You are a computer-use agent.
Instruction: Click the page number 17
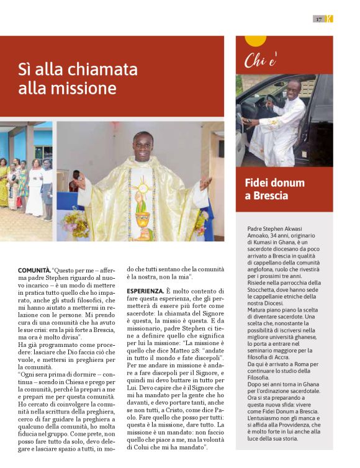(319, 19)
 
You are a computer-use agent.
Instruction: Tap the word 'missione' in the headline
(87, 88)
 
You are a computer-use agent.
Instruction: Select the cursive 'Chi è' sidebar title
(260, 60)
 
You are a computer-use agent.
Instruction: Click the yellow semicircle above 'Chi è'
(255, 41)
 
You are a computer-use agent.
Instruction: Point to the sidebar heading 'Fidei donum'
(275, 182)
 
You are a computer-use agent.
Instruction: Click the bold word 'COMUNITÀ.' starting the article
(34, 271)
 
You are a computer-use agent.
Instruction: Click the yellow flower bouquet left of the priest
(74, 223)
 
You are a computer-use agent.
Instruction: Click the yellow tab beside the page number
(330, 19)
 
